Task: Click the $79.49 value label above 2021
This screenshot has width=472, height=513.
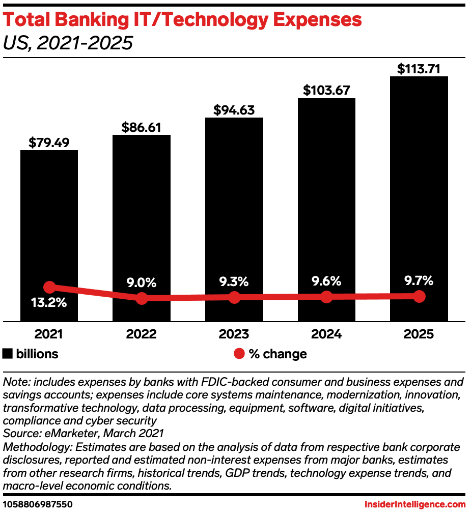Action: (x=49, y=142)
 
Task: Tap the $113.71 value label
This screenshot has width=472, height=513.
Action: (x=419, y=69)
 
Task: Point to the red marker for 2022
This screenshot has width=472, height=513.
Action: (x=142, y=298)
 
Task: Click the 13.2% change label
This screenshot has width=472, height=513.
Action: (x=49, y=303)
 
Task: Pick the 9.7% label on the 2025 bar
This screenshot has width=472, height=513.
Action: (x=419, y=280)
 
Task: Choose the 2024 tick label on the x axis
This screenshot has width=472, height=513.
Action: (x=326, y=334)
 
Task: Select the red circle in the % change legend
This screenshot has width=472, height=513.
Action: (x=239, y=354)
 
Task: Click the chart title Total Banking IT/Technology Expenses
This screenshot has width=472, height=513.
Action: (x=182, y=20)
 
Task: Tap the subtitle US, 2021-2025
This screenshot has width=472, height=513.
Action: (x=68, y=43)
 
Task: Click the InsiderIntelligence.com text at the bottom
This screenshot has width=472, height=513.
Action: (x=415, y=504)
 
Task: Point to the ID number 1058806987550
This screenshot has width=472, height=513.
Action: (x=38, y=504)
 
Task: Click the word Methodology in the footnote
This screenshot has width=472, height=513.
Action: (x=35, y=447)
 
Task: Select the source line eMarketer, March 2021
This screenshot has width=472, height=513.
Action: (x=83, y=434)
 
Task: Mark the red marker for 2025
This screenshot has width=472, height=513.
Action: (x=419, y=296)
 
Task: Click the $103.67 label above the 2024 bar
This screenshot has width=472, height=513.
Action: (x=326, y=91)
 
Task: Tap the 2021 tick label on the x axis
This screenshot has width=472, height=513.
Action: (x=49, y=334)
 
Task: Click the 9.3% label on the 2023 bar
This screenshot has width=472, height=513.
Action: (x=234, y=281)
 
